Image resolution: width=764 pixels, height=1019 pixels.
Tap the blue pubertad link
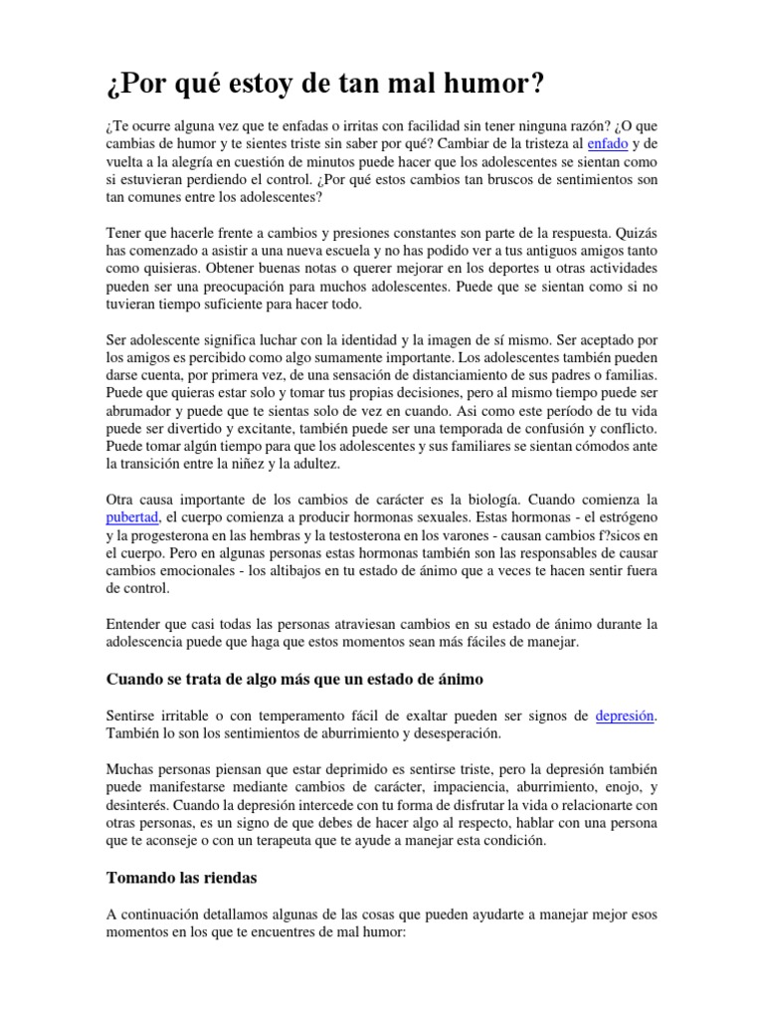(x=132, y=518)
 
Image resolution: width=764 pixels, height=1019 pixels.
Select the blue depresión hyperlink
(x=626, y=716)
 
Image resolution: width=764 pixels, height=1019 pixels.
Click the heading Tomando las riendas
(x=181, y=879)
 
